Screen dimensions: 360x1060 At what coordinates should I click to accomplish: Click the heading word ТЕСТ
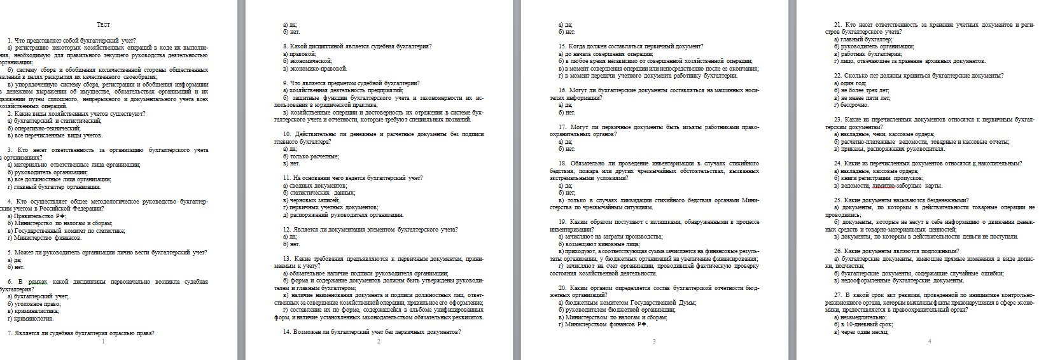103,25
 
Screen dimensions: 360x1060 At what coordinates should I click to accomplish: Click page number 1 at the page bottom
103,342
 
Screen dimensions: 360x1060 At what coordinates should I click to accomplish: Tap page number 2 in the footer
379,342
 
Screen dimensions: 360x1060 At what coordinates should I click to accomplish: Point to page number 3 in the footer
654,342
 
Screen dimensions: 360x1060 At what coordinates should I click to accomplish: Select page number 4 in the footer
930,342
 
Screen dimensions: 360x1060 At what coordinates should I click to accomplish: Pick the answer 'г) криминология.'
31,319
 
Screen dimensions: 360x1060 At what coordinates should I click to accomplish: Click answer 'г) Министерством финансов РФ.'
603,325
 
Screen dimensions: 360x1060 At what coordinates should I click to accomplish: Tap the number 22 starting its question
838,76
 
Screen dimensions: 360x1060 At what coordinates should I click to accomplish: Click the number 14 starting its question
287,332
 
